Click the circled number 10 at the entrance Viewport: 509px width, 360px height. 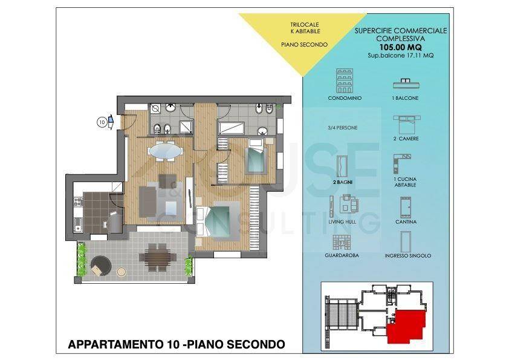[x=102, y=122]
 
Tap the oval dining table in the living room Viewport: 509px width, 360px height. [x=165, y=151]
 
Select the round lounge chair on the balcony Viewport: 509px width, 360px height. [x=100, y=266]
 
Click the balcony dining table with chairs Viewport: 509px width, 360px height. [x=158, y=258]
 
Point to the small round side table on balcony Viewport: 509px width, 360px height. [x=122, y=272]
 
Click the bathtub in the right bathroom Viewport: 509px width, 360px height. [x=231, y=128]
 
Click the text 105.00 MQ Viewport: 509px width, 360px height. [x=401, y=47]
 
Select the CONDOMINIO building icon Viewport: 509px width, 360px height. [x=345, y=80]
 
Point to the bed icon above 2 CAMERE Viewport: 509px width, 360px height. [x=406, y=125]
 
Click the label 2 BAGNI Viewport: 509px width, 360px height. [x=343, y=182]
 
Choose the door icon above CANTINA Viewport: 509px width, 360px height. [x=406, y=208]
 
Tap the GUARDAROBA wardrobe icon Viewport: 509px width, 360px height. [x=341, y=243]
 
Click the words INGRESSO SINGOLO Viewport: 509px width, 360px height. [x=407, y=256]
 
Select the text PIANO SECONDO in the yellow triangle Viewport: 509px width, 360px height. [x=304, y=45]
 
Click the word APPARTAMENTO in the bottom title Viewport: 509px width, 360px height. [x=115, y=344]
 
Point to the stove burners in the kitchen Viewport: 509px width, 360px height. [x=78, y=202]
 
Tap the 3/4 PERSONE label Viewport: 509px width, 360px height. [x=343, y=128]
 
